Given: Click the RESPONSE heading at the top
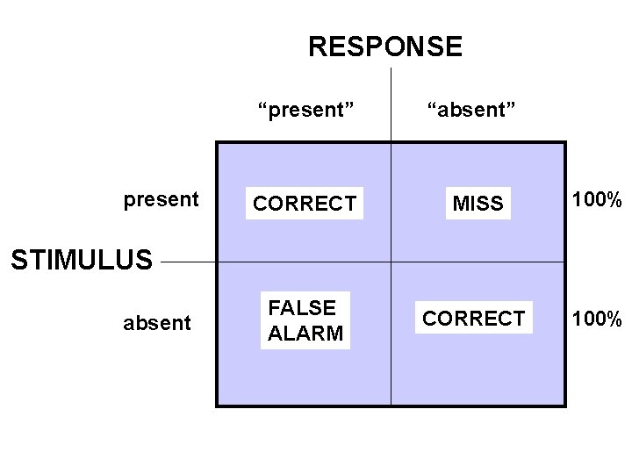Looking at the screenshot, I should click(384, 47).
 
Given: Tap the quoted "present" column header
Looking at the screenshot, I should click(305, 110).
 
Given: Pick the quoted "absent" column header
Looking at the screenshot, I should click(471, 110).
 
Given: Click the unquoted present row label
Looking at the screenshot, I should click(161, 200).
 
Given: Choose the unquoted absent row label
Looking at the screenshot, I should click(156, 323).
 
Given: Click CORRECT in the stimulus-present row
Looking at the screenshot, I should click(305, 205).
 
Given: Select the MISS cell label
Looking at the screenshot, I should click(478, 205).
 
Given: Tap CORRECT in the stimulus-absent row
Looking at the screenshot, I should click(473, 318).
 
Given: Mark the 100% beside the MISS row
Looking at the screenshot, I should click(597, 201).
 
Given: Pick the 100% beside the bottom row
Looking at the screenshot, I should click(597, 318).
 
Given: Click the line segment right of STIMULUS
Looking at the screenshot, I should click(189, 262).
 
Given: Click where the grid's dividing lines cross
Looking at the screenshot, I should click(391, 262).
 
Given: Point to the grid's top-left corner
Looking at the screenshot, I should click(217, 142).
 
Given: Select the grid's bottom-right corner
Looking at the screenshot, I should click(565, 406).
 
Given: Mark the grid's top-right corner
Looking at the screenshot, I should click(565, 142).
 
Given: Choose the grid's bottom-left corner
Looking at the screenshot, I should click(217, 406).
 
